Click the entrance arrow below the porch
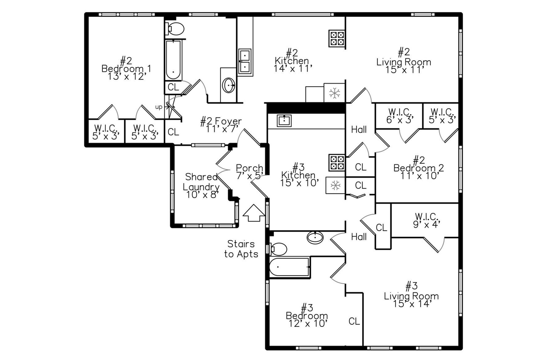click(x=254, y=213)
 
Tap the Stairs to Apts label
click(x=241, y=249)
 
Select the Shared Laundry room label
click(x=201, y=186)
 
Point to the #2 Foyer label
click(x=221, y=125)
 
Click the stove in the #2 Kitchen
click(x=337, y=38)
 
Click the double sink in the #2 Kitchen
click(x=245, y=61)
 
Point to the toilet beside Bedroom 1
click(x=175, y=29)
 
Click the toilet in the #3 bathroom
click(x=279, y=248)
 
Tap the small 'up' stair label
click(x=158, y=107)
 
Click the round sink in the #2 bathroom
click(x=229, y=85)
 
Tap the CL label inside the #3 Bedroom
click(x=354, y=321)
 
